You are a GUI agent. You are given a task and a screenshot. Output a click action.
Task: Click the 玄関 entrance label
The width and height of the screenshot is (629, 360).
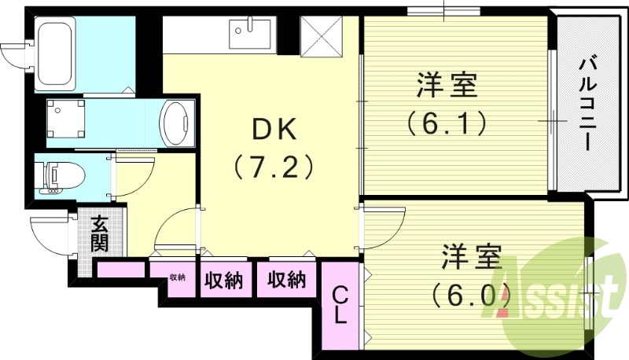[x=99, y=233]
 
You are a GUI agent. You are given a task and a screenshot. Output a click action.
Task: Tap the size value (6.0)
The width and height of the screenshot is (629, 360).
[x=470, y=295]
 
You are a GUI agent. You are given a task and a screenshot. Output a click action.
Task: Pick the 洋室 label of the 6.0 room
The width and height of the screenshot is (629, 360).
[x=470, y=257]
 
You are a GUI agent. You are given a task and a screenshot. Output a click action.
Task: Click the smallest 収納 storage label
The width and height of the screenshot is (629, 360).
[x=178, y=277]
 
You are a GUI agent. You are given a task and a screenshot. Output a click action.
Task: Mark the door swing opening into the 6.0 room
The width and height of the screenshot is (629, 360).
[x=381, y=228]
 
